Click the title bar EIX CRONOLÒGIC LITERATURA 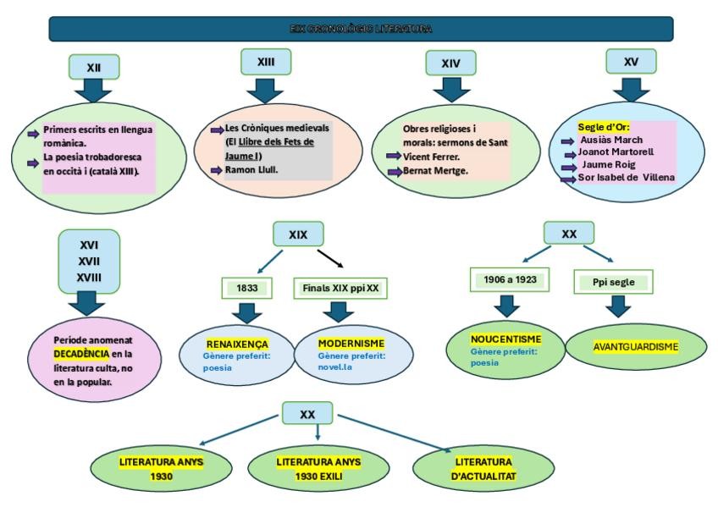pos(361,29)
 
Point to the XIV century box pos(450,63)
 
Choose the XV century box pos(630,62)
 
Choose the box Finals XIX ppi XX pos(340,288)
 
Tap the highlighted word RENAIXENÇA pos(236,344)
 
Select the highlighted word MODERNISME pos(351,344)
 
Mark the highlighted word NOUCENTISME pos(505,339)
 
